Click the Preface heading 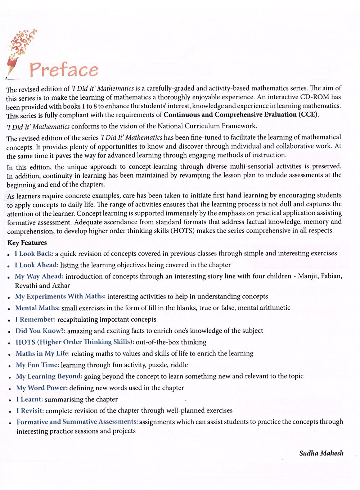[64, 69]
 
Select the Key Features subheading [27, 243]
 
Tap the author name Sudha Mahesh [321, 453]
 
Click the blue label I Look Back [34, 254]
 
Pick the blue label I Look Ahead [36, 265]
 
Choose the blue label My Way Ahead [39, 277]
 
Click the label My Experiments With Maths [60, 296]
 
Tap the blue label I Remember [35, 319]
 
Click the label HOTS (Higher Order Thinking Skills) [75, 342]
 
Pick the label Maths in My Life [42, 354]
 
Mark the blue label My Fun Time [37, 365]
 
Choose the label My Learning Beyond [49, 376]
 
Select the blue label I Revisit [30, 410]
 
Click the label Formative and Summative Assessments [77, 422]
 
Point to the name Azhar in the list [61, 286]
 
